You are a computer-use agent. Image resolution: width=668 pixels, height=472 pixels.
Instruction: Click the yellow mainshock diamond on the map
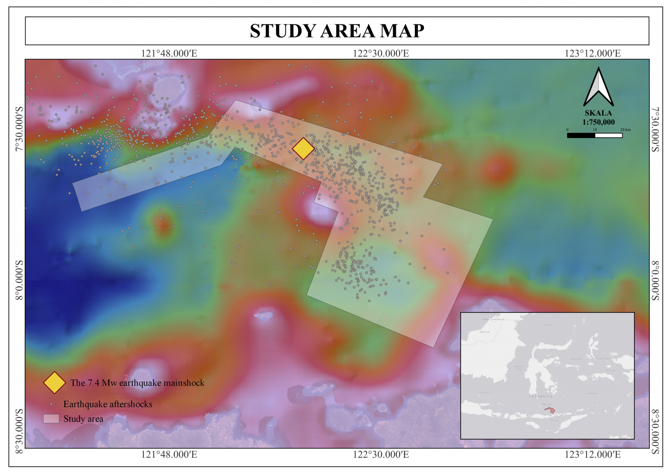tap(303, 149)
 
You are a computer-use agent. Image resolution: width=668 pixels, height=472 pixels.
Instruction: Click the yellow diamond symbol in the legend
tap(54, 382)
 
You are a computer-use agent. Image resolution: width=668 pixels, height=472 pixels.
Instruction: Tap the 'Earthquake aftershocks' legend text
tap(108, 404)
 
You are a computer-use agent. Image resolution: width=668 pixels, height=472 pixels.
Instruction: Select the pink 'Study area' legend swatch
tap(51, 419)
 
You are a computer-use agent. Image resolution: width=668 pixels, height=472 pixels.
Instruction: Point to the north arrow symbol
tap(598, 87)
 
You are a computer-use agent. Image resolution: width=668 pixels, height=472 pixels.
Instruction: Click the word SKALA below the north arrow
tap(598, 113)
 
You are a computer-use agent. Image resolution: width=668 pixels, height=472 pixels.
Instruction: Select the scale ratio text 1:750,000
tap(598, 122)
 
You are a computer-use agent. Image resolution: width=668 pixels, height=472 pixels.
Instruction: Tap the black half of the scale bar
tap(581, 136)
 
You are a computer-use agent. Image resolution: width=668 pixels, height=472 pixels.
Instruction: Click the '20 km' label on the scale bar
tap(625, 130)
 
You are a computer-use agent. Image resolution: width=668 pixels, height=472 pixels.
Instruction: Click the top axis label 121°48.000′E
tap(169, 53)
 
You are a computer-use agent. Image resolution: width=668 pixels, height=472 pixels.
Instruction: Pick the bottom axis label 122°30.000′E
tap(381, 455)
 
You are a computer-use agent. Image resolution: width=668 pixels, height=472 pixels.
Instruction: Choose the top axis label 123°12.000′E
tap(592, 53)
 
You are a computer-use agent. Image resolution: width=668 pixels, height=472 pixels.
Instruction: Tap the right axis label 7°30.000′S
tap(655, 130)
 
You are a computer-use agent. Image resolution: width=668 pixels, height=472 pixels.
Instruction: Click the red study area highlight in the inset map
tap(550, 409)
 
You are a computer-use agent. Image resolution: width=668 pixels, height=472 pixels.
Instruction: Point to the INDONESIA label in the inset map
tap(541, 396)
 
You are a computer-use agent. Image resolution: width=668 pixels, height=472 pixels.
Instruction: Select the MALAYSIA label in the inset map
tap(484, 332)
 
